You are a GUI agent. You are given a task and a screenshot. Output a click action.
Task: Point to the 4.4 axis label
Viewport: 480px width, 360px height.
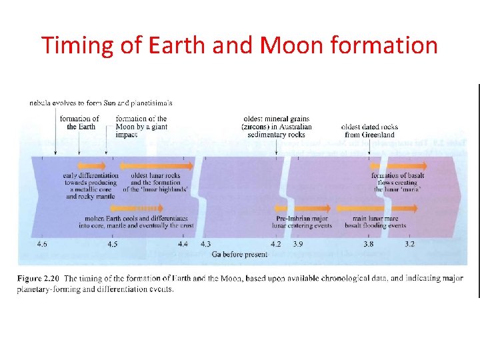click(x=183, y=245)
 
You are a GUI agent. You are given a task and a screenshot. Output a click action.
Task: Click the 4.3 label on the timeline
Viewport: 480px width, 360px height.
click(x=205, y=245)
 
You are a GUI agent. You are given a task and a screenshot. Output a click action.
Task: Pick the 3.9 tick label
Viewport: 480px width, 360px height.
click(x=298, y=245)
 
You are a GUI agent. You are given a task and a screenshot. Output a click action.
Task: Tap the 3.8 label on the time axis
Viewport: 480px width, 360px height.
click(x=368, y=245)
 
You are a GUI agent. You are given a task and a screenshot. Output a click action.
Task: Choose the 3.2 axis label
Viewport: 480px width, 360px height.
click(x=409, y=245)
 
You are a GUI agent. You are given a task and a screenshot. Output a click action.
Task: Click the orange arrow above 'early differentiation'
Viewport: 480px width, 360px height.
click(x=92, y=166)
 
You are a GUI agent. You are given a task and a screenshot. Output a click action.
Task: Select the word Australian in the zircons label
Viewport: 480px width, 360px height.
click(x=293, y=127)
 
